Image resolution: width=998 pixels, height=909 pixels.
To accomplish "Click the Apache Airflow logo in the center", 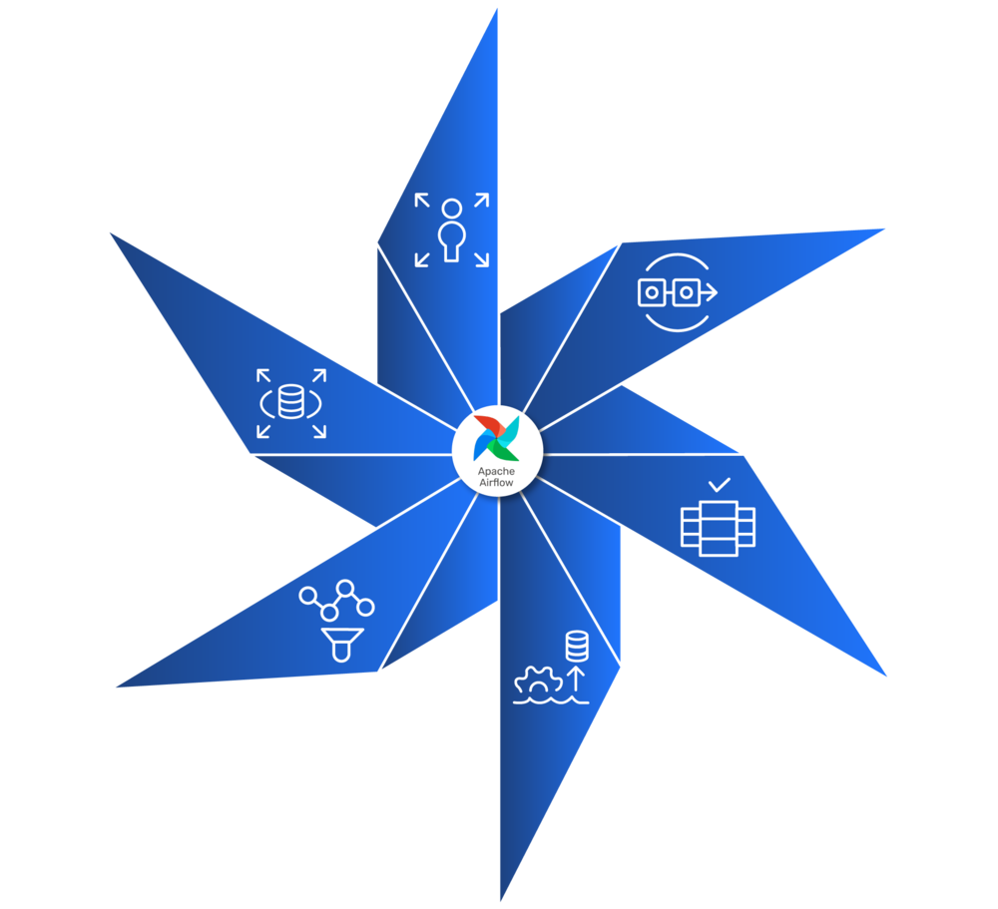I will coord(497,436).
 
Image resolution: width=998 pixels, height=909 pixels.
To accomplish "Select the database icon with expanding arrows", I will coord(291,403).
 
